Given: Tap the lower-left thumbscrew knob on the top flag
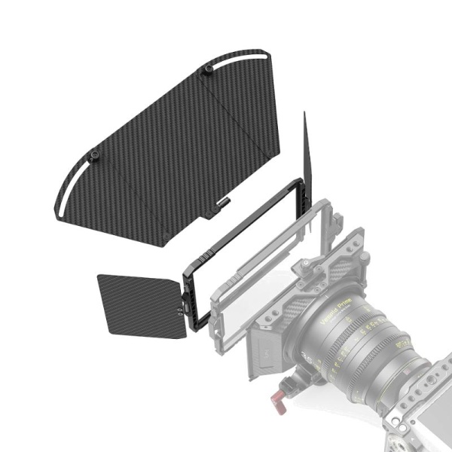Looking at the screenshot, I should coord(95,155).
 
